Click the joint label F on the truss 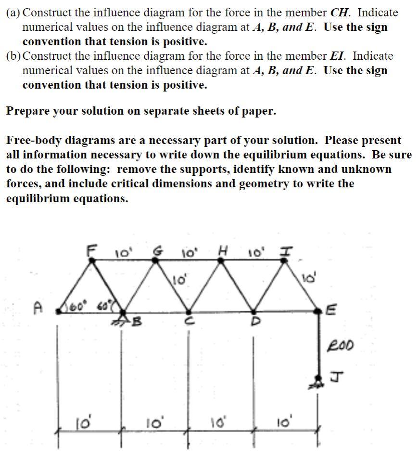[90, 250]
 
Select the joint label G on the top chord [156, 250]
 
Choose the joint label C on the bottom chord [189, 321]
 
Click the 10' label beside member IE [308, 278]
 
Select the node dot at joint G [155, 260]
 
